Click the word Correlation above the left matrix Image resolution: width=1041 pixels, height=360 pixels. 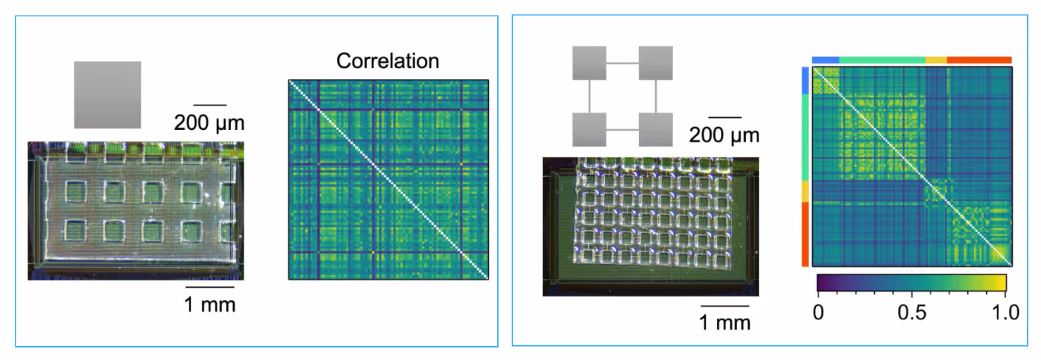pyautogui.click(x=387, y=60)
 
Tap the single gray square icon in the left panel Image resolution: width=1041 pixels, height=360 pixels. pyautogui.click(x=107, y=94)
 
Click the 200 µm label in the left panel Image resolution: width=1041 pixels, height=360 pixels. pyautogui.click(x=209, y=122)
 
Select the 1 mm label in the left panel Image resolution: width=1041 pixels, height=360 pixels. pyautogui.click(x=210, y=304)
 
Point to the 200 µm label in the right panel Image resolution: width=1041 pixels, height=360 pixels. pyautogui.click(x=724, y=135)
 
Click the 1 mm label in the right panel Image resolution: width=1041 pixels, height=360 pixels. pyautogui.click(x=725, y=322)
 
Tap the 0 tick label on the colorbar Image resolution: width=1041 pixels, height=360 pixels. pyautogui.click(x=817, y=312)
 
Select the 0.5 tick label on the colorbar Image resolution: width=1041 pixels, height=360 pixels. pyautogui.click(x=911, y=312)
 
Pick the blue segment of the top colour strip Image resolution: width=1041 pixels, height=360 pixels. pyautogui.click(x=826, y=60)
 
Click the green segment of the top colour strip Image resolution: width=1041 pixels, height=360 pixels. pyautogui.click(x=882, y=60)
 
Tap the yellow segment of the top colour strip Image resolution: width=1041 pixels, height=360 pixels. pyautogui.click(x=935, y=60)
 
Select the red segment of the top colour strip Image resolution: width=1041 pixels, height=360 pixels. pyautogui.click(x=979, y=60)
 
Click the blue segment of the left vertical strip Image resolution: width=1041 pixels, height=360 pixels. pyautogui.click(x=805, y=81)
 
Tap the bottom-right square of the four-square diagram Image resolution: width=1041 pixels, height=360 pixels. pyautogui.click(x=655, y=130)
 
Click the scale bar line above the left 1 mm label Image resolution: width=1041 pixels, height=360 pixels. pyautogui.click(x=210, y=286)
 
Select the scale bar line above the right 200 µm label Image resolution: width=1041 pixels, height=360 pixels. pyautogui.click(x=724, y=117)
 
